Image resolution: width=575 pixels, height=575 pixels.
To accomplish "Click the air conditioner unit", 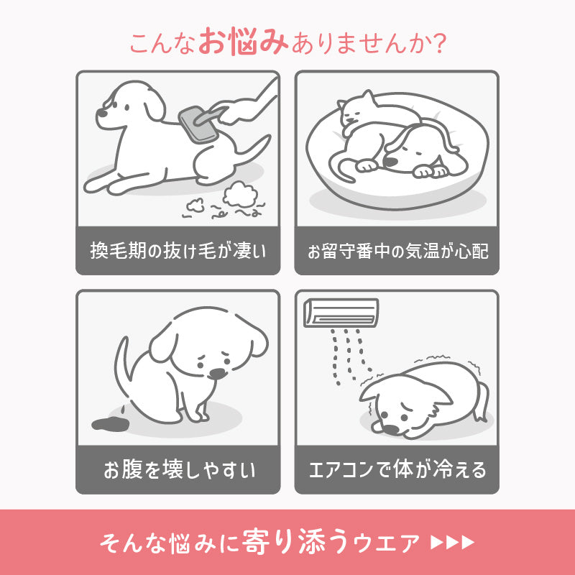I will coord(341,311).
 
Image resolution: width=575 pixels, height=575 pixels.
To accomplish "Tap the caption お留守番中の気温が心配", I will coord(397,252).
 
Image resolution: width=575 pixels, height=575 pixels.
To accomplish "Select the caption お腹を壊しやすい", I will coord(178,471).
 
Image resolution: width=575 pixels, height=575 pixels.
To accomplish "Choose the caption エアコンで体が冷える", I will coord(397,471).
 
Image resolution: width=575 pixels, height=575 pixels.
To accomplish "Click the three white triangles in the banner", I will coord(452,541).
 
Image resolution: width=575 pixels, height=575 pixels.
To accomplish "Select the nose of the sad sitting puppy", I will coord(215,373).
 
